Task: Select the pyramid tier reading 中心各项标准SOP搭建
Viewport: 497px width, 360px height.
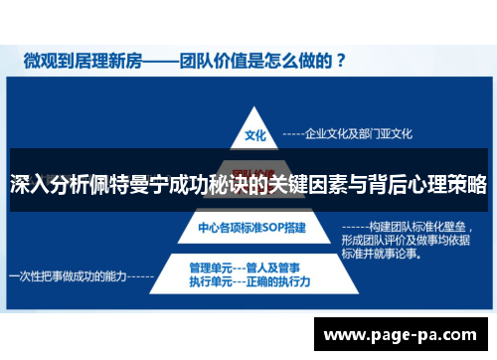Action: [251, 228]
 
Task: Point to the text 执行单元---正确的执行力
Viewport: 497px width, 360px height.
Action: [249, 282]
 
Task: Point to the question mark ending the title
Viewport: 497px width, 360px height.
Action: [340, 61]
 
